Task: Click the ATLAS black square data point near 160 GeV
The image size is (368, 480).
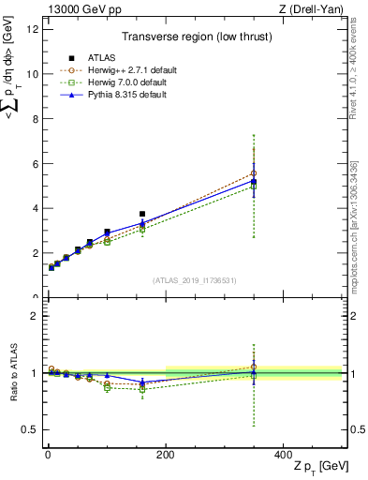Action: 142,214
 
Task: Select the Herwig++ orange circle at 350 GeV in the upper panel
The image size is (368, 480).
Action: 254,173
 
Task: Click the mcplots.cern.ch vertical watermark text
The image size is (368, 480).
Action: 357,239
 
